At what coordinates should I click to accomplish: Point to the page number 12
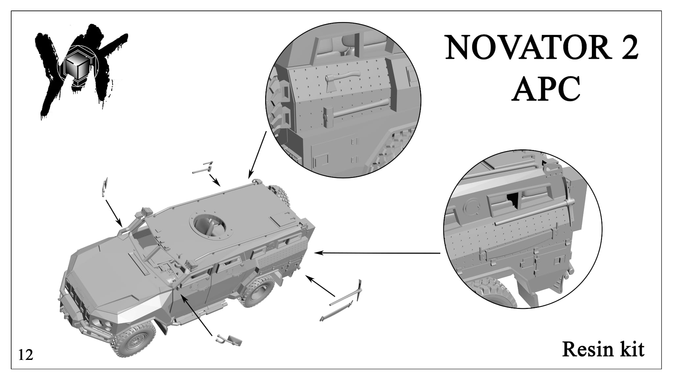point(26,355)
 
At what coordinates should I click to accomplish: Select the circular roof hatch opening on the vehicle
point(208,226)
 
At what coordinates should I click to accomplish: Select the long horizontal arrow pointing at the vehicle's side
point(377,253)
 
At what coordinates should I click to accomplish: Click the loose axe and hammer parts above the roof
point(203,168)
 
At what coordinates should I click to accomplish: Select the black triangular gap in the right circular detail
point(513,201)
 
